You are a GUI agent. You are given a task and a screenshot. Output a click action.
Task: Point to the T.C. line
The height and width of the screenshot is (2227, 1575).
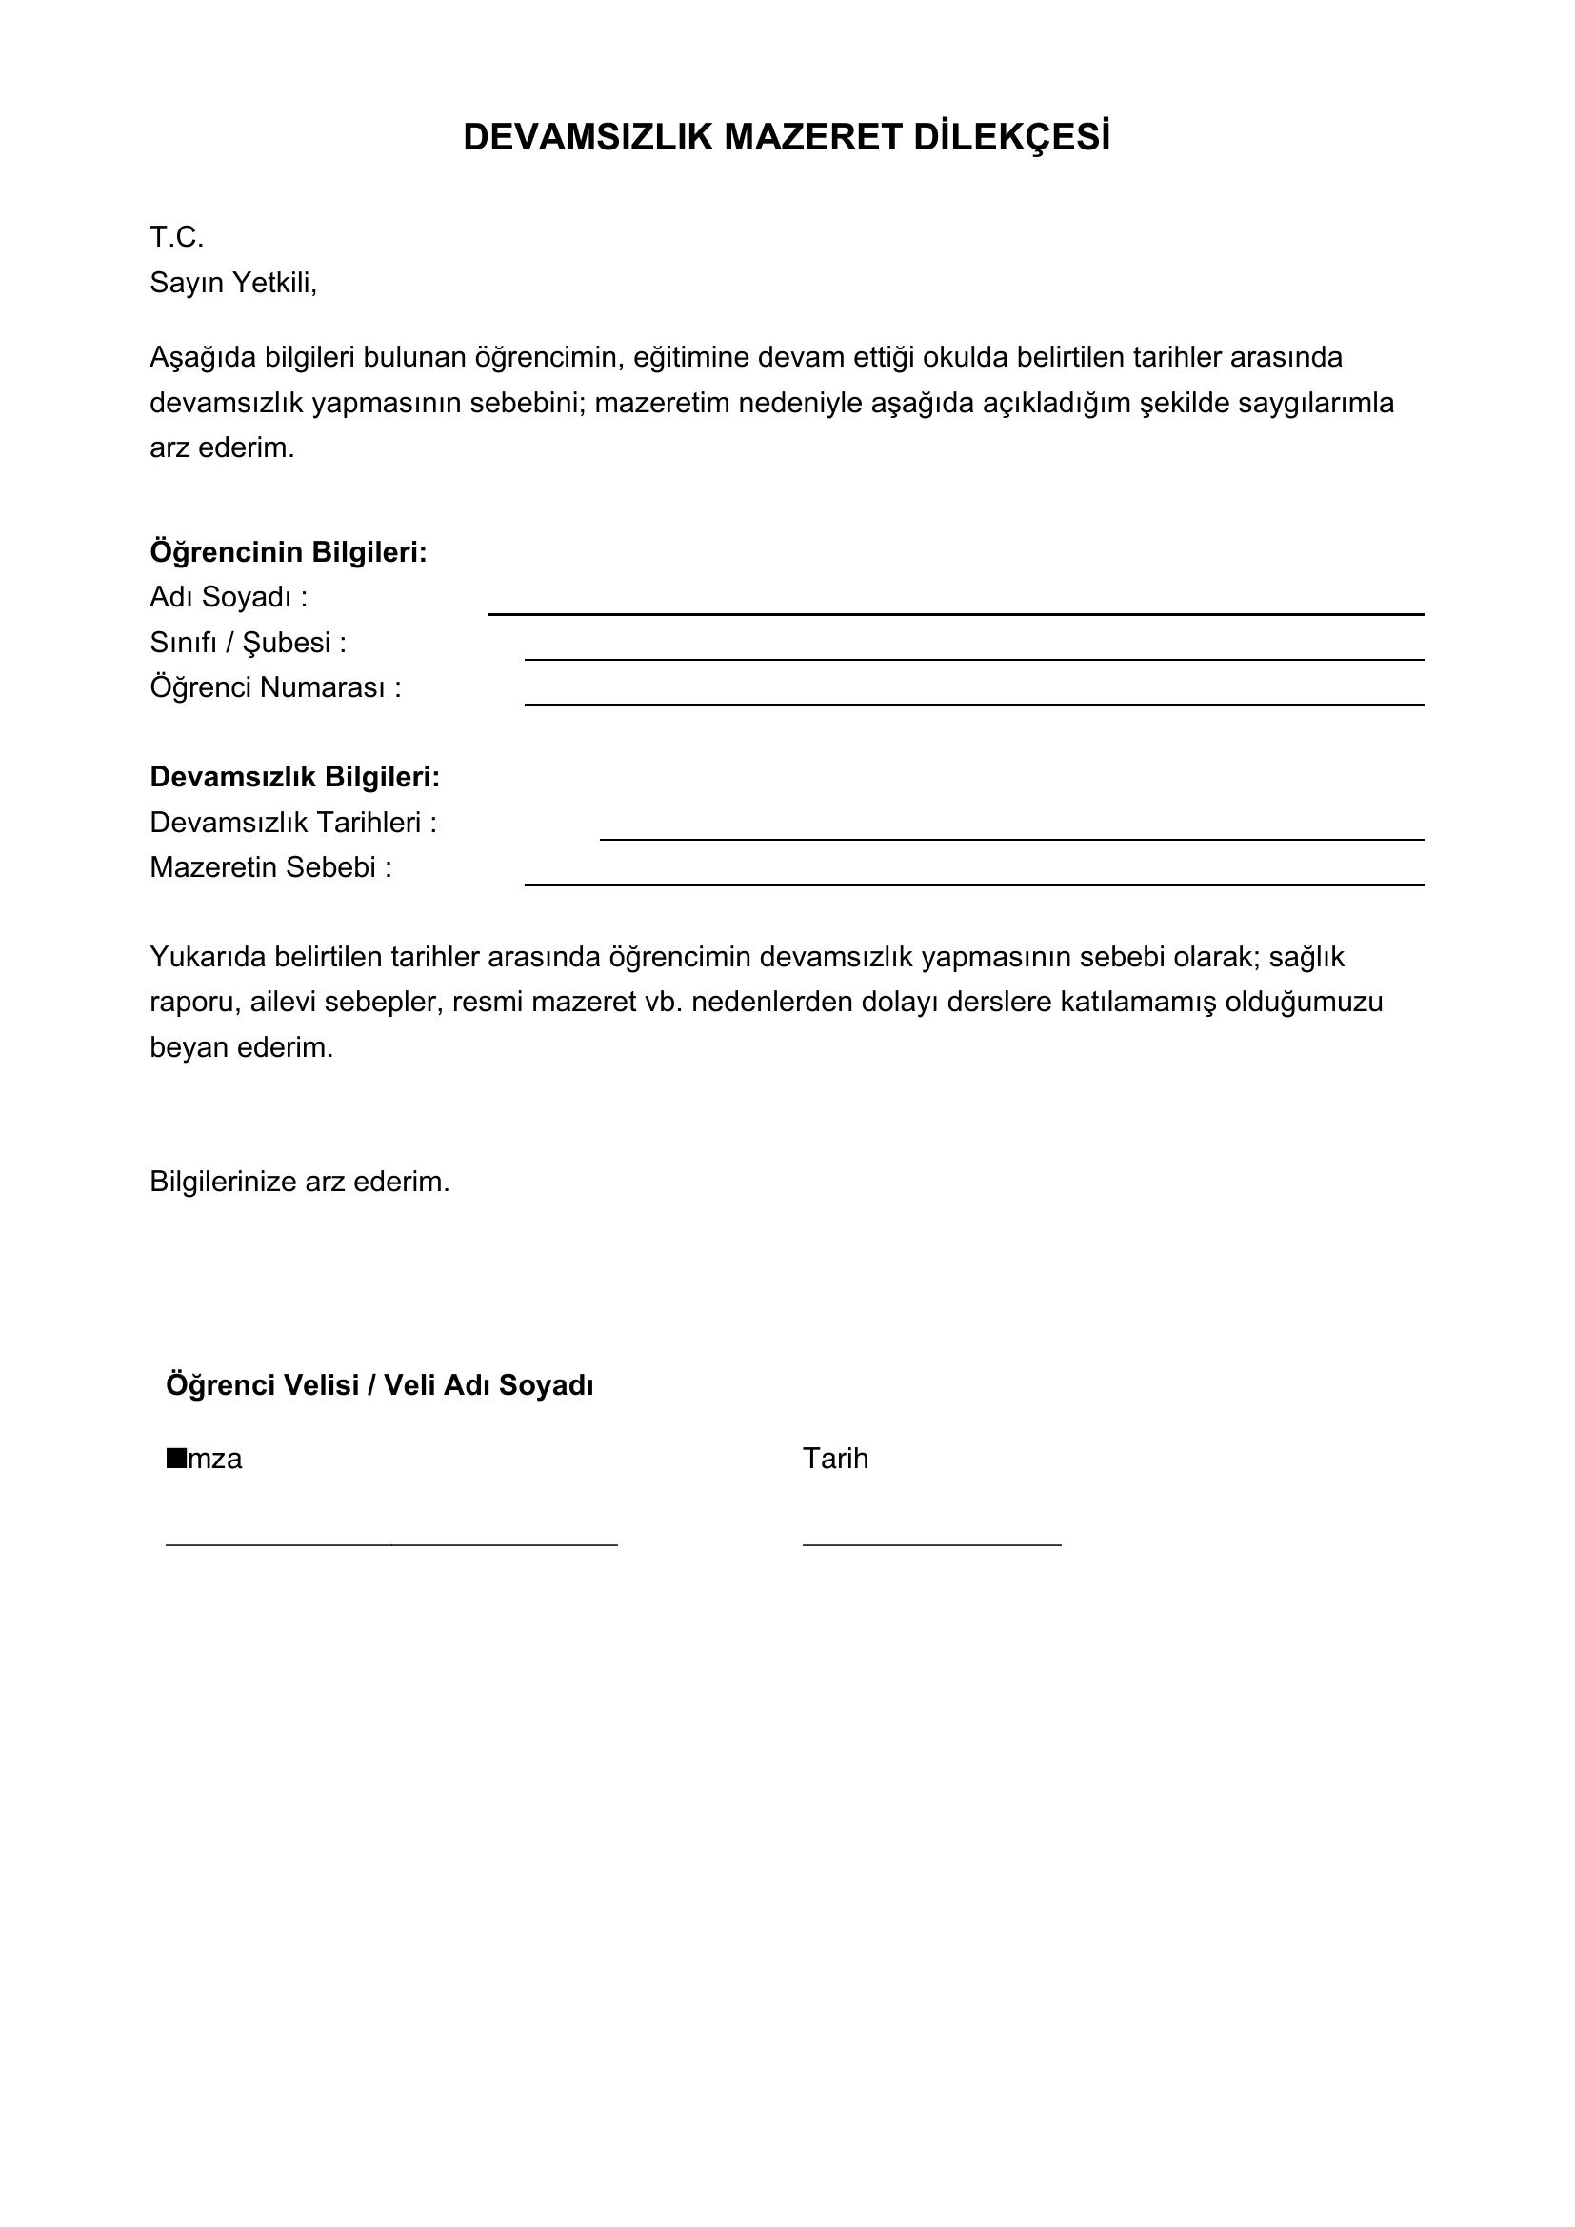[x=176, y=237]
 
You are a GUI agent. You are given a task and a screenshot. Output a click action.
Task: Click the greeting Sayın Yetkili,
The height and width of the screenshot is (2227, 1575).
[x=232, y=282]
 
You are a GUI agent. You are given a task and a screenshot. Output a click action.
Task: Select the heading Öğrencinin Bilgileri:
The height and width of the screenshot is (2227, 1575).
[x=288, y=552]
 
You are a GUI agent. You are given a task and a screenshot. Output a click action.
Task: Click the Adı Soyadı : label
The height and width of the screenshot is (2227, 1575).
[x=228, y=598]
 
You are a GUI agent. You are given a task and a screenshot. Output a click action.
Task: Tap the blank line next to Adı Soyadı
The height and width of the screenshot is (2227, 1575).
[x=954, y=612]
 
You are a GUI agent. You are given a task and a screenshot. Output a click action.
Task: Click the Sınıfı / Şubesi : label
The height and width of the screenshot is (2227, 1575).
[x=248, y=642]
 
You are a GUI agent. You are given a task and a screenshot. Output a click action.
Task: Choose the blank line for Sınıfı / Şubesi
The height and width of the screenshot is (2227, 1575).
[x=974, y=658]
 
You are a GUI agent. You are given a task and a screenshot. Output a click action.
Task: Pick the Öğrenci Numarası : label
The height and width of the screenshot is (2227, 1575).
[x=274, y=687]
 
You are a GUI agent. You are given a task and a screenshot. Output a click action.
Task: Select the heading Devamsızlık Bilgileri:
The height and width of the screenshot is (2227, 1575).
[x=295, y=777]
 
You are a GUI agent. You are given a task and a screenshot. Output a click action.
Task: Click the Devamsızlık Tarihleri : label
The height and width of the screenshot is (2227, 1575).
[x=293, y=823]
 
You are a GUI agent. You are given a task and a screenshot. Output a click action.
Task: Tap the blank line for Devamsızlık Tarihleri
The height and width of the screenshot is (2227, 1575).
[x=1011, y=837]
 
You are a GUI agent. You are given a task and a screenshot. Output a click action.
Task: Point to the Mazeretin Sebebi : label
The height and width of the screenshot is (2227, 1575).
[x=270, y=867]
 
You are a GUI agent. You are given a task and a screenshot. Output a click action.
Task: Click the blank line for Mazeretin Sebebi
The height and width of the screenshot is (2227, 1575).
[x=974, y=883]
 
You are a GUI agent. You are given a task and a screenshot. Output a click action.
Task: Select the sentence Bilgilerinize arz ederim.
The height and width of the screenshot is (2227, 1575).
[x=300, y=1182]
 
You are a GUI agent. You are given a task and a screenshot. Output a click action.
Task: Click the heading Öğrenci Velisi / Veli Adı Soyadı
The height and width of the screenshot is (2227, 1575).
[x=379, y=1385]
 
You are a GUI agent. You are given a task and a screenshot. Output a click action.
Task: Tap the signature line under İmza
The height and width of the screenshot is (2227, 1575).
[x=390, y=1542]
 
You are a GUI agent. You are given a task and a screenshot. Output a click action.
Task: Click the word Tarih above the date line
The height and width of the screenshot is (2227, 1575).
[x=835, y=1459]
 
